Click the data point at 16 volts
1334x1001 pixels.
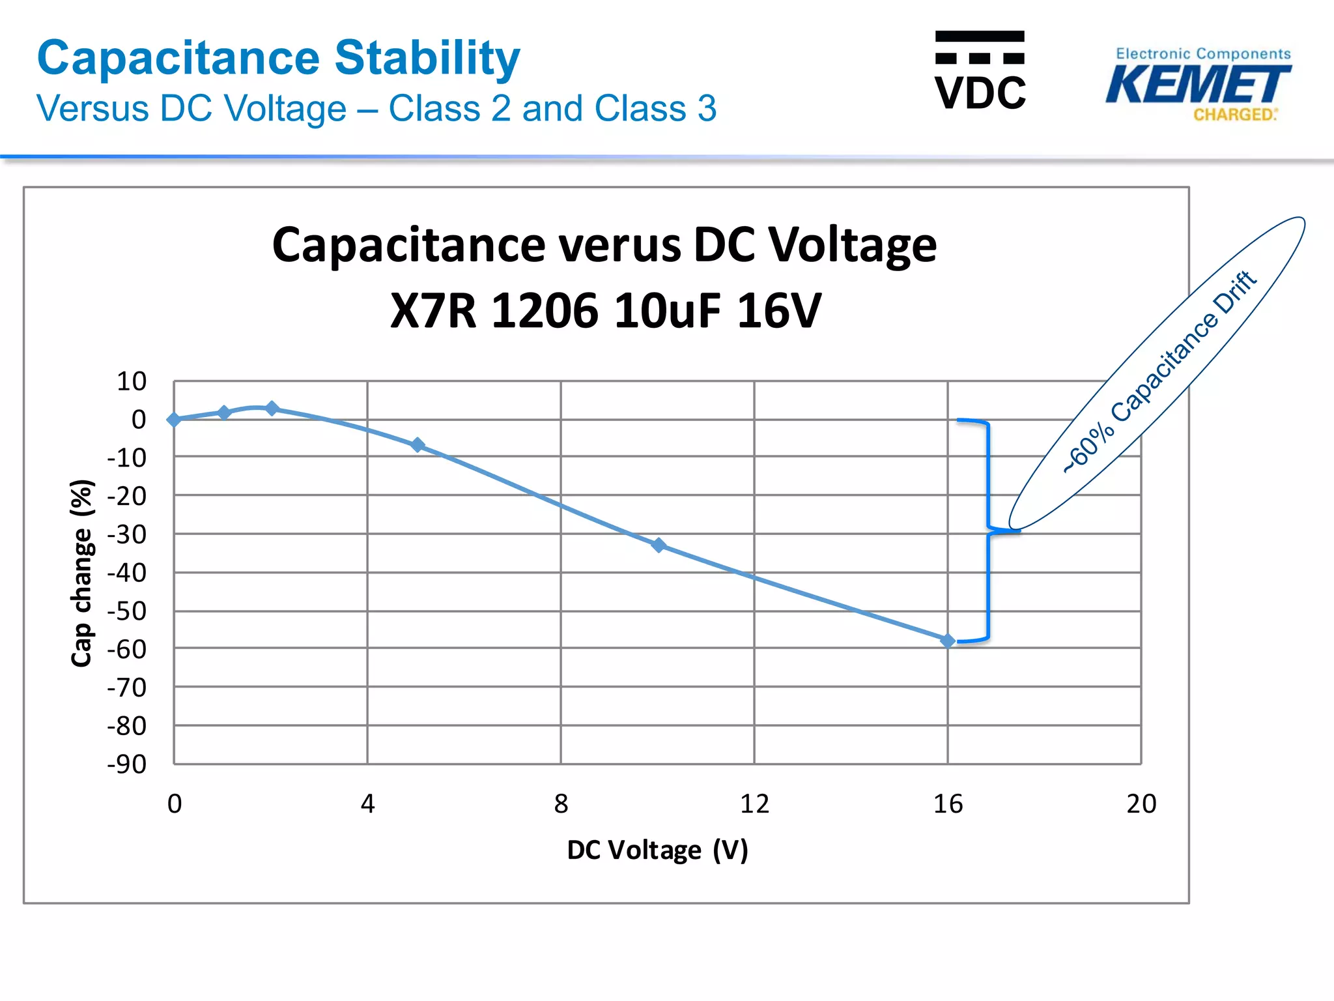click(948, 641)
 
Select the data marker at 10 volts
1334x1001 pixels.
click(659, 545)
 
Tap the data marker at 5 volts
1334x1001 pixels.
click(418, 445)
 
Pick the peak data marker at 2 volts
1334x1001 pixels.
click(272, 409)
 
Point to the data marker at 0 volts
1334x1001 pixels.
click(174, 420)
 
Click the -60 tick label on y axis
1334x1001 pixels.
click(127, 650)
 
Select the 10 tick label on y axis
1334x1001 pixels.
click(132, 381)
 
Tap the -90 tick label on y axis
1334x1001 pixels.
click(127, 764)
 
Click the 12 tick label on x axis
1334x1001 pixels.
click(754, 804)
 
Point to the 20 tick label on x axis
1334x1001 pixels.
click(1141, 804)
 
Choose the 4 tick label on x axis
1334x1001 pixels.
click(367, 804)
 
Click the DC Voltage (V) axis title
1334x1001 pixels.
click(657, 850)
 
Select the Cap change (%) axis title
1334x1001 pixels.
click(82, 573)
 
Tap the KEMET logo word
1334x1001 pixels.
click(1197, 85)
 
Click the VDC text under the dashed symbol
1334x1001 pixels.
click(980, 93)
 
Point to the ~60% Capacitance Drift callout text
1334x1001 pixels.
click(1159, 371)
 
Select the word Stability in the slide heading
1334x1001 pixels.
click(427, 59)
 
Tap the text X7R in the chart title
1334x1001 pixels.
click(433, 310)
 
